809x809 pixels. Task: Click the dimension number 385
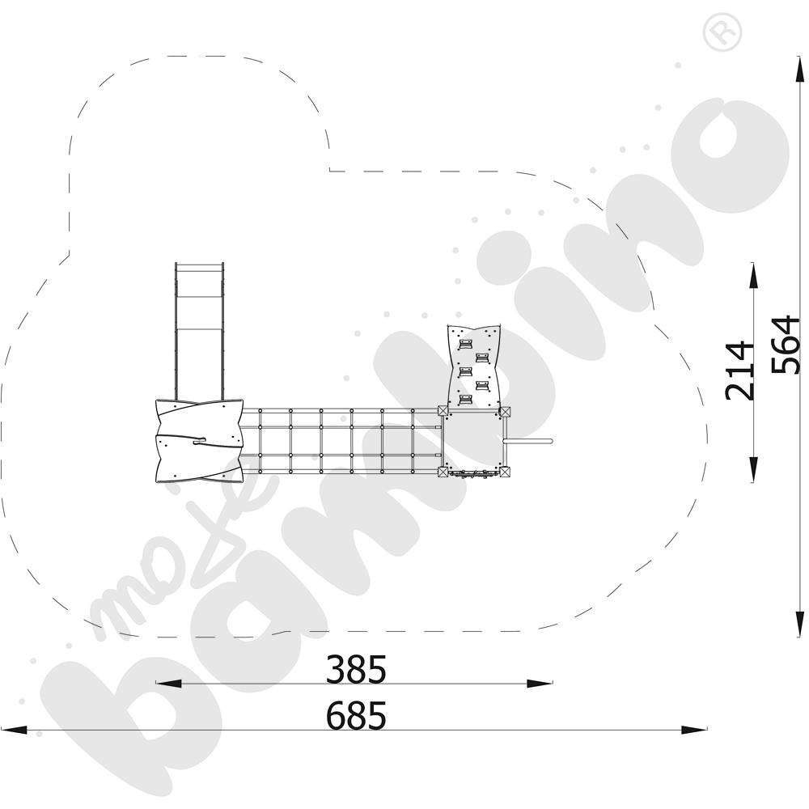[356, 669]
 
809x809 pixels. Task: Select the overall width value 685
[356, 716]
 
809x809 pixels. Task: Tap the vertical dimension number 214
[739, 371]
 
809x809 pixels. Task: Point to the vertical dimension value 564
[786, 344]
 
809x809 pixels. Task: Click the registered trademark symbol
[722, 32]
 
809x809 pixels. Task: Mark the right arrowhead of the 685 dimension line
[694, 730]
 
